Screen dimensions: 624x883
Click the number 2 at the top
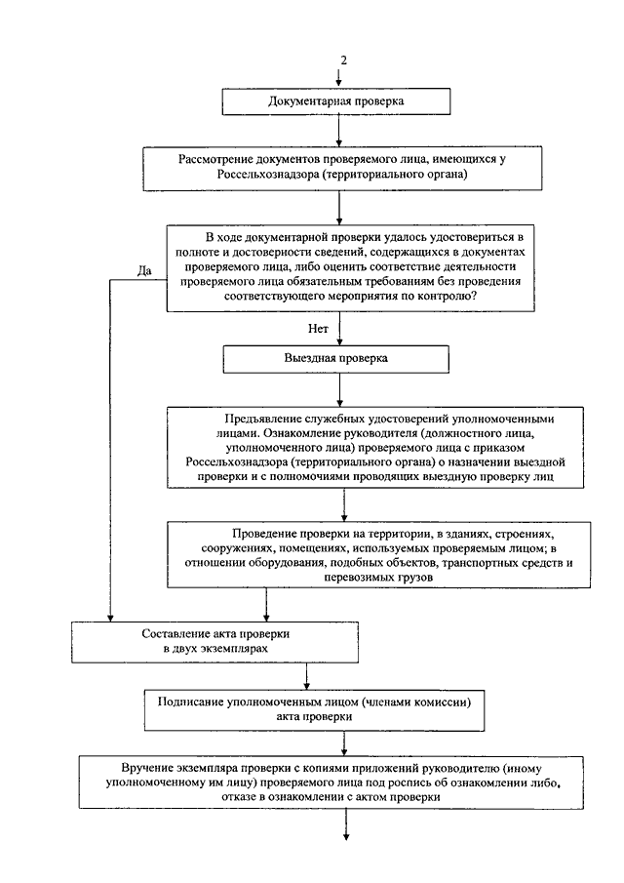[x=344, y=60]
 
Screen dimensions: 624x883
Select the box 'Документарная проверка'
[x=337, y=101]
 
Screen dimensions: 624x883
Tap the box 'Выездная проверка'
[x=336, y=359]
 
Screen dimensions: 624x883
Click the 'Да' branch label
[x=144, y=271]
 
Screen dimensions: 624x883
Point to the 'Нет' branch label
[x=318, y=328]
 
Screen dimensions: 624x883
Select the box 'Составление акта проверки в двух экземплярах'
[x=214, y=641]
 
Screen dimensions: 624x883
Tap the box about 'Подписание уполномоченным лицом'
[x=315, y=710]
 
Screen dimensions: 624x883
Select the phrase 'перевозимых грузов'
[x=378, y=578]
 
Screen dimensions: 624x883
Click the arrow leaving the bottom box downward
[x=346, y=824]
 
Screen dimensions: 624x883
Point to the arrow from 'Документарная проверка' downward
[x=338, y=131]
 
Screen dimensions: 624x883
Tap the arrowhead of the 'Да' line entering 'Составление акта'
[x=110, y=618]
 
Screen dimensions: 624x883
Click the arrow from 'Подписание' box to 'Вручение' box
[x=344, y=743]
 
